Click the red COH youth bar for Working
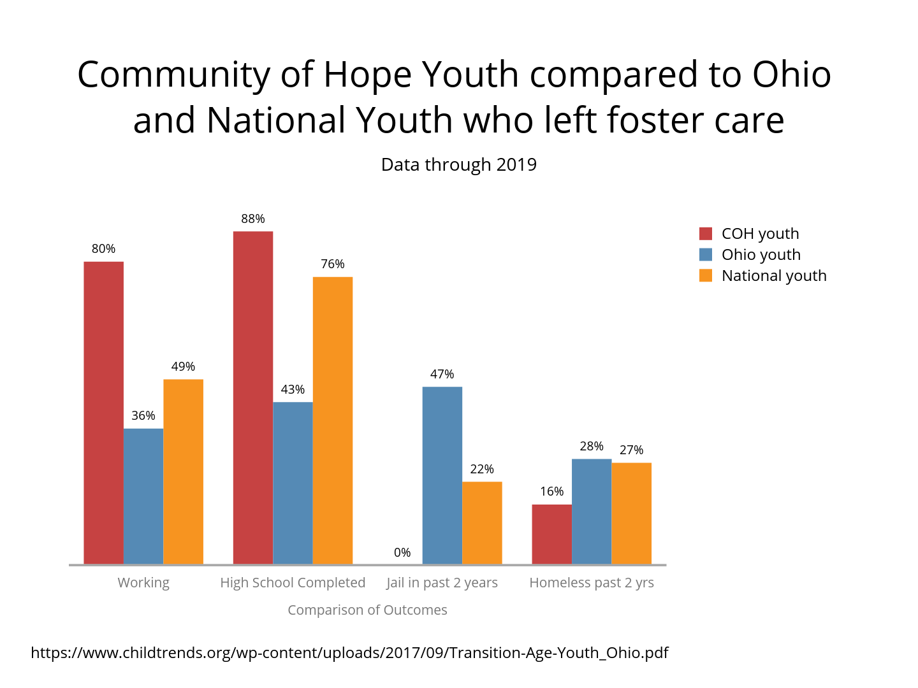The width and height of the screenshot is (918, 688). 103,413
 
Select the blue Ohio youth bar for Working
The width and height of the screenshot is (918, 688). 143,496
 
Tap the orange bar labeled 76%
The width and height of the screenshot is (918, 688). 333,420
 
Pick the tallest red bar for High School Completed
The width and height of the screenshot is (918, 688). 253,398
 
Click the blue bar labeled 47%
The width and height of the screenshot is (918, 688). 442,475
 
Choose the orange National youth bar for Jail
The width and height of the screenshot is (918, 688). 482,522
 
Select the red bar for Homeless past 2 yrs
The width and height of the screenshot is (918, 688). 552,534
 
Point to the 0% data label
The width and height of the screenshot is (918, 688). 402,552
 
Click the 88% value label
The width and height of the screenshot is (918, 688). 253,219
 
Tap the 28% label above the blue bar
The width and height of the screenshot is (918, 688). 592,446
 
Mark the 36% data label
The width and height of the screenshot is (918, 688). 143,415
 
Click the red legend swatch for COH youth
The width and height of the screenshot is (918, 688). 706,233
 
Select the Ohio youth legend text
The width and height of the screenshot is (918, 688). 761,254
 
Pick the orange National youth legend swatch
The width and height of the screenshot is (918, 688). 706,275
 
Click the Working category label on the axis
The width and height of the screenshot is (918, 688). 143,582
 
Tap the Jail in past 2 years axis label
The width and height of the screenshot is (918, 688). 442,582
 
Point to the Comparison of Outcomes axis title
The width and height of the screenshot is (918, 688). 367,610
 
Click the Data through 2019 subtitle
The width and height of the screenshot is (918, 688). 458,164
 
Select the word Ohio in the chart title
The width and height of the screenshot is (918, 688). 791,74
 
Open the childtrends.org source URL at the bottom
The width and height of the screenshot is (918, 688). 349,652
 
